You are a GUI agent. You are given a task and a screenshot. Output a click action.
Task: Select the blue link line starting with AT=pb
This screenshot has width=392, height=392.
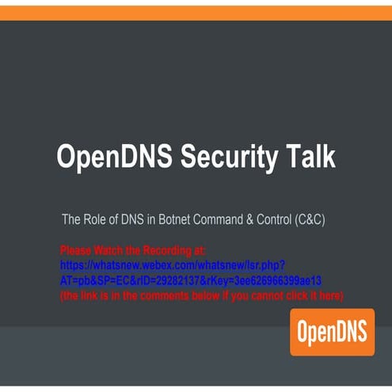pyautogui.click(x=190, y=280)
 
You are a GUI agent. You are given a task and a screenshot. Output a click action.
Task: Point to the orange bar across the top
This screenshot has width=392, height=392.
pyautogui.click(x=196, y=11)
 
